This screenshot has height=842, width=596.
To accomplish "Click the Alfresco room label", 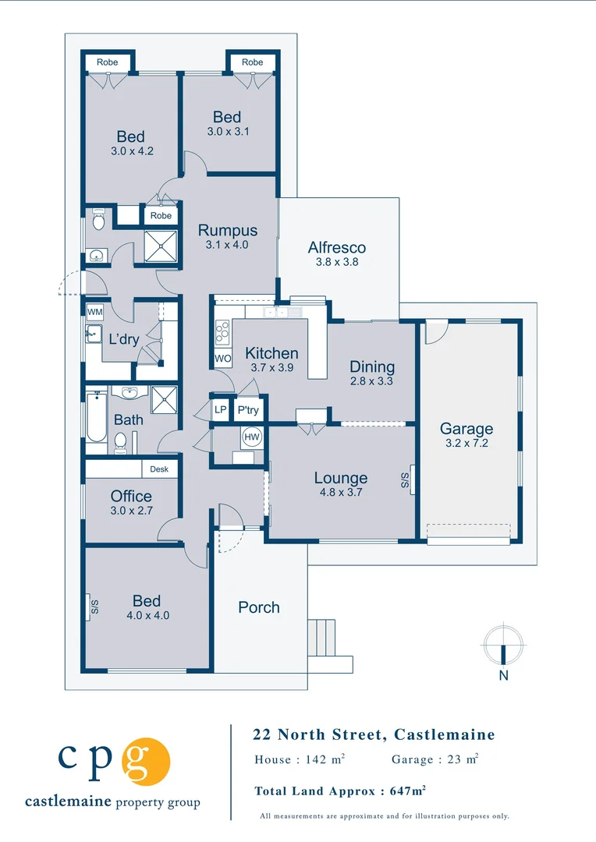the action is [x=337, y=248].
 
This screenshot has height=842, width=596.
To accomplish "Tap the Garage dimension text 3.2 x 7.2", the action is [x=467, y=443].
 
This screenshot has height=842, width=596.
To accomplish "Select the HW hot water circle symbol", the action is [x=252, y=437].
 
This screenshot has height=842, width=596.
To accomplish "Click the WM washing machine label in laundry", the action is [x=94, y=312].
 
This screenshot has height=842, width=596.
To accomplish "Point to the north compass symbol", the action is [x=504, y=645].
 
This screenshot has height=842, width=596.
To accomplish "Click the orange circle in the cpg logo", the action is [x=146, y=762].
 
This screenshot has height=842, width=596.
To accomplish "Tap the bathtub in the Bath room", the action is [x=97, y=416].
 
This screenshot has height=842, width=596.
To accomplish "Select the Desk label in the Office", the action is [x=159, y=469].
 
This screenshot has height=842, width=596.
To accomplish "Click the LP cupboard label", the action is [x=220, y=410].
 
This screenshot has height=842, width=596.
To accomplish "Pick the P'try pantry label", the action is [x=248, y=410].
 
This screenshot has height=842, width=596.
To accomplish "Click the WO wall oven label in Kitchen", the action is [x=223, y=359].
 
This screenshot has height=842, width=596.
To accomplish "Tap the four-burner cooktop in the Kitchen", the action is [x=222, y=332].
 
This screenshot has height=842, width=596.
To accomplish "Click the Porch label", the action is [x=259, y=607].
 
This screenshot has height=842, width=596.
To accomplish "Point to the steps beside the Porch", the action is [x=321, y=638].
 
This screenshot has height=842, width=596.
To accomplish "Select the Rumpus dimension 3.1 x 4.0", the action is [x=227, y=245].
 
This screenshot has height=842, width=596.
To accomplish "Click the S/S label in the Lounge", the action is [x=405, y=480].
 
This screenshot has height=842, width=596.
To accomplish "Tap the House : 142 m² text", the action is [x=300, y=759].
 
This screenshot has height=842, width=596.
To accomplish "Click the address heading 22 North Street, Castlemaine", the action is [x=374, y=734].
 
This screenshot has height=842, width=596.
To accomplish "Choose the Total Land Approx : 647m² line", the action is [x=340, y=791].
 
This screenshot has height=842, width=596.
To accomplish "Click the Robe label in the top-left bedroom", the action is [x=108, y=62].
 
